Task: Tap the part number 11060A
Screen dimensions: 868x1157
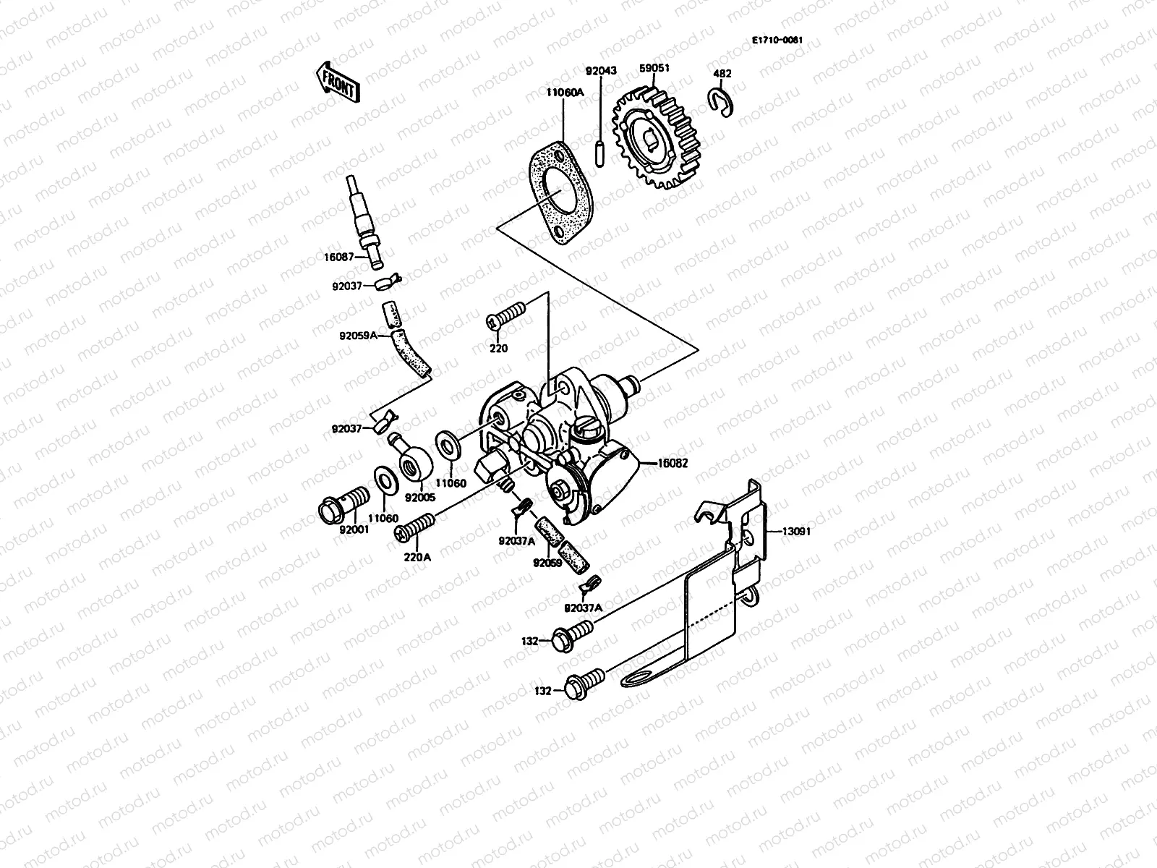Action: pyautogui.click(x=565, y=92)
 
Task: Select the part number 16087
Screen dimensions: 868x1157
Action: pyautogui.click(x=338, y=256)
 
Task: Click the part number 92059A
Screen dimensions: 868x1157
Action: pyautogui.click(x=373, y=336)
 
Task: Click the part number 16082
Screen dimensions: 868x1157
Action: pyautogui.click(x=673, y=462)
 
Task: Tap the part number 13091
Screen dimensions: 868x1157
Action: pyautogui.click(x=795, y=531)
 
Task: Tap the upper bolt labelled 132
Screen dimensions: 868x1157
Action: pyautogui.click(x=573, y=637)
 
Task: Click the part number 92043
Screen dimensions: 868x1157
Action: pyautogui.click(x=601, y=70)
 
